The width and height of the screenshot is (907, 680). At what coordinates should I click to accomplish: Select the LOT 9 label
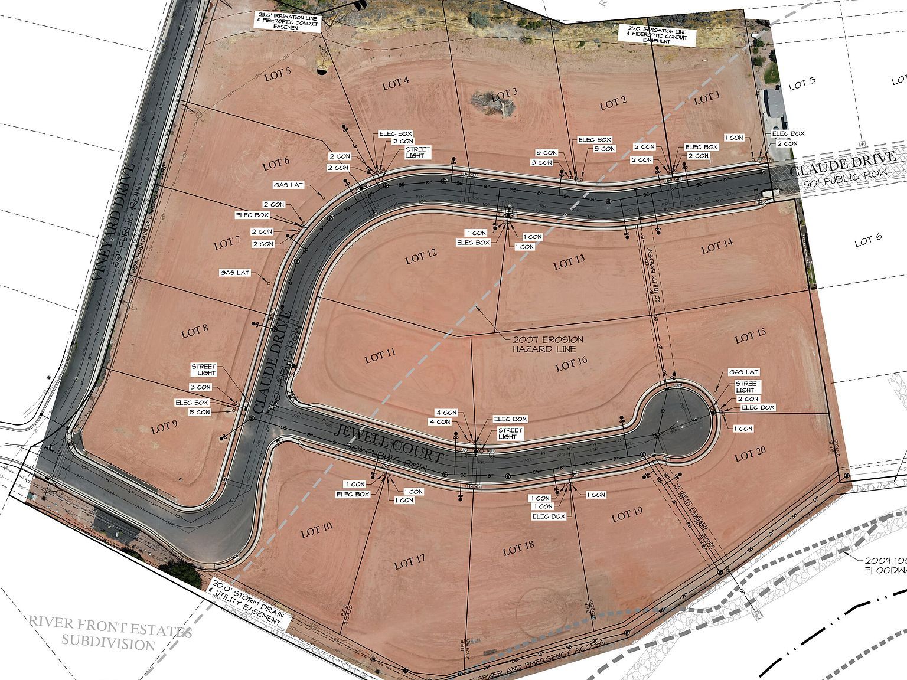pos(164,427)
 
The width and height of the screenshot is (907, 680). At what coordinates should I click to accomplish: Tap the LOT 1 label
pos(707,99)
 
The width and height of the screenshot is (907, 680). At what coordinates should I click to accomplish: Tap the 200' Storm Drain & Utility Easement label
pos(248,601)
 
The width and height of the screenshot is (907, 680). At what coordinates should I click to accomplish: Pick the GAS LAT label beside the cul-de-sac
pos(743,372)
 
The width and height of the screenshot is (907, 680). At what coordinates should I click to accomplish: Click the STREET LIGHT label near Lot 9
pos(204,370)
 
